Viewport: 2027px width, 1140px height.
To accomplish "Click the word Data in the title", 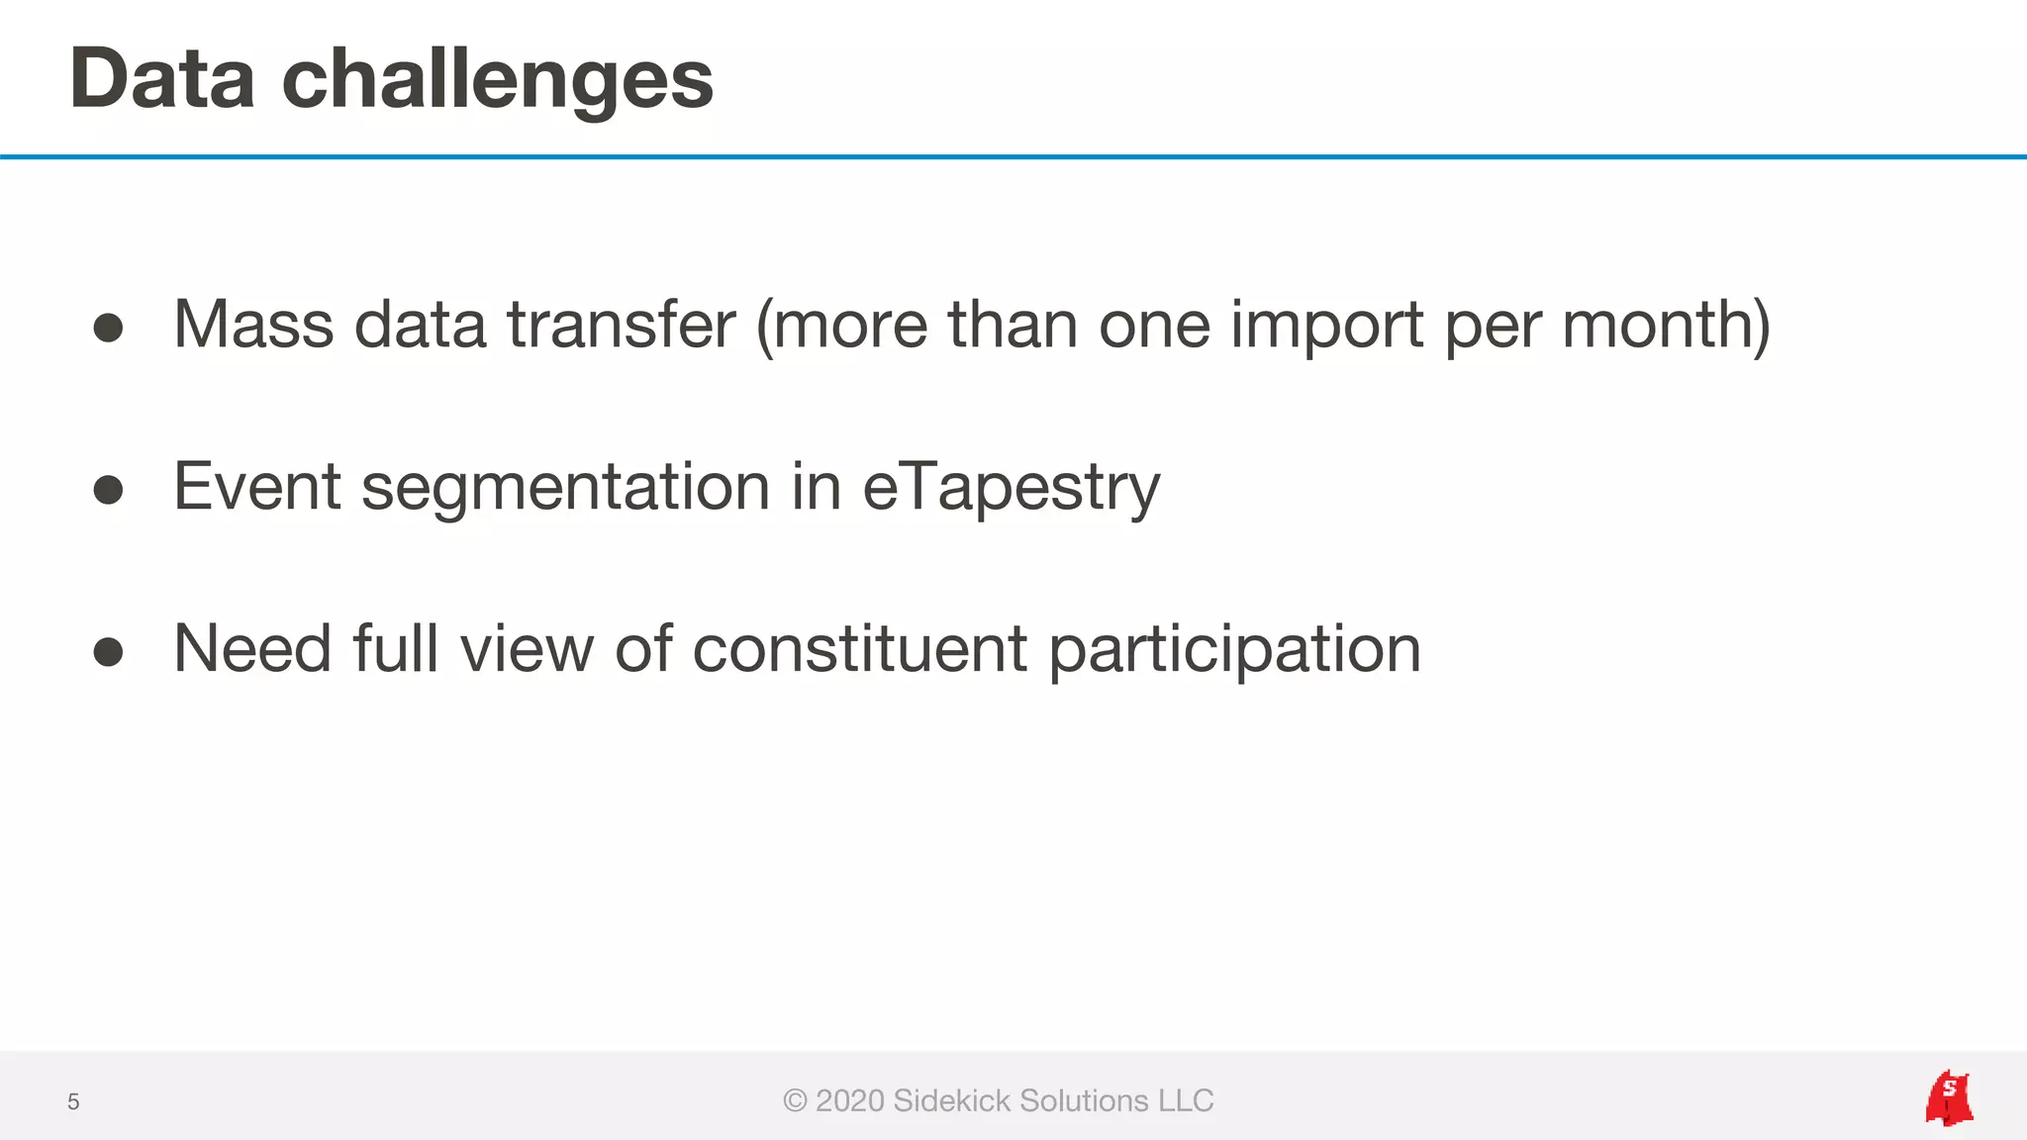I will click(162, 79).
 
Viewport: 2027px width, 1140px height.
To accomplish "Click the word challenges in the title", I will click(497, 81).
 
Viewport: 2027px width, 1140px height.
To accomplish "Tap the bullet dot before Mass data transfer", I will click(108, 328).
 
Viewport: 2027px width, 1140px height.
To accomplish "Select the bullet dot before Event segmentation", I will click(108, 490).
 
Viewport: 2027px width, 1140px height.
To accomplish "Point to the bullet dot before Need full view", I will click(108, 651).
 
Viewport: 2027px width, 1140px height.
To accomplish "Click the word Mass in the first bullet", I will click(253, 325).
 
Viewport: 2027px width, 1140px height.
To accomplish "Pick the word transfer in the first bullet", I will click(622, 325).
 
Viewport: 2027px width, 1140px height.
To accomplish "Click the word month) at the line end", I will click(1666, 327).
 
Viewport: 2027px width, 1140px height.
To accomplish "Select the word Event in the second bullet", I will click(257, 487).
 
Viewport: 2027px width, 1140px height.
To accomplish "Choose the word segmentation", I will click(565, 489).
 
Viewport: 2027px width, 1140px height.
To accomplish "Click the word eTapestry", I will click(1011, 489).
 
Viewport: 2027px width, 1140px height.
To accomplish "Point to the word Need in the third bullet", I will click(252, 649).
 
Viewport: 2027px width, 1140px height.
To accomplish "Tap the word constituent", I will click(859, 649).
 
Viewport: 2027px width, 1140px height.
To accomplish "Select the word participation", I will click(1234, 651).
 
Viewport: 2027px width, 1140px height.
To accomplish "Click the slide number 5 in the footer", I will click(73, 1101).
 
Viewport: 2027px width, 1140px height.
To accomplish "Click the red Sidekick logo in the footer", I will click(1948, 1098).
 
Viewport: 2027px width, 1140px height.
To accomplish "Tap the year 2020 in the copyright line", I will click(849, 1100).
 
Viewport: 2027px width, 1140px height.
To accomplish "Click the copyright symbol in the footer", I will click(795, 1100).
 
